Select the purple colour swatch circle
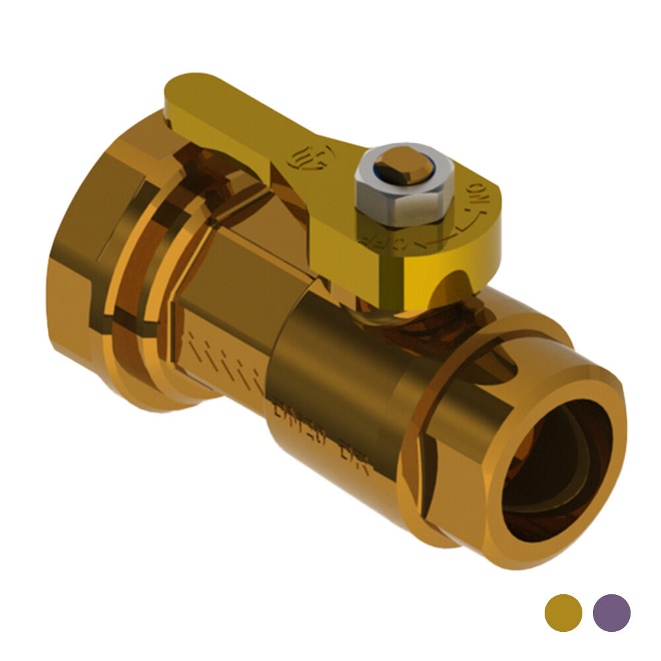611,613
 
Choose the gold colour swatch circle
563,613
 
